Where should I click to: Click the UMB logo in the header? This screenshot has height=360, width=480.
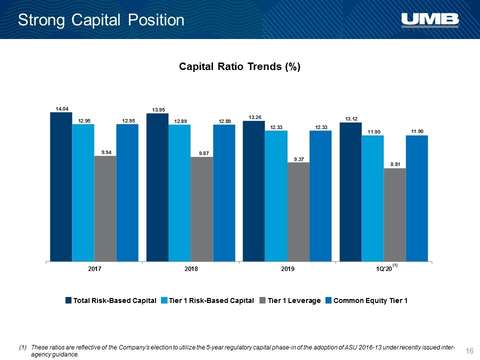coord(430,20)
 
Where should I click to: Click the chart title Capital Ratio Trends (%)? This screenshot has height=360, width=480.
coord(239,66)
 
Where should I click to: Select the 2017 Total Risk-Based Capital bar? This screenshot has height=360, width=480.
coord(61,186)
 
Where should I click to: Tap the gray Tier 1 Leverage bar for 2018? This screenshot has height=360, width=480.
coord(202,209)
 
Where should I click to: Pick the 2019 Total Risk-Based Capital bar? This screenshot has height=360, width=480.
coord(254,191)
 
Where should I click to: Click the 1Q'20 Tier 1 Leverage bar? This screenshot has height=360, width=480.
coord(395,215)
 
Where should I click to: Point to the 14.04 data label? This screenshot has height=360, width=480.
coord(62,108)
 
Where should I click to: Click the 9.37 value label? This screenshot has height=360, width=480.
coord(299,159)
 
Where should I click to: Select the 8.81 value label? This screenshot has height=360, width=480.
coord(395,164)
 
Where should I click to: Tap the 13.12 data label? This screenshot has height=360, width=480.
coord(351,119)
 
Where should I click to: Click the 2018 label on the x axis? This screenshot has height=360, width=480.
coord(191,269)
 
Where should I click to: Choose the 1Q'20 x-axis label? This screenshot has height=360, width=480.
coord(384,269)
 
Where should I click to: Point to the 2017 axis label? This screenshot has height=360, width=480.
coord(94,269)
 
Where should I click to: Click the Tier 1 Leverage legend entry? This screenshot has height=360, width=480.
coord(290,300)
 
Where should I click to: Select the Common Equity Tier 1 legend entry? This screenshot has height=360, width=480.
coord(366,300)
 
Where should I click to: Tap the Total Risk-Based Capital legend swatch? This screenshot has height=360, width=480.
coord(68,300)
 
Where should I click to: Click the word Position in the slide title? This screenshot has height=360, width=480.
coord(156,20)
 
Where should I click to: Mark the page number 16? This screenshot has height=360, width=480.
coord(469,351)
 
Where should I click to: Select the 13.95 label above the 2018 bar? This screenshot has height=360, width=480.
coord(158,110)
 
